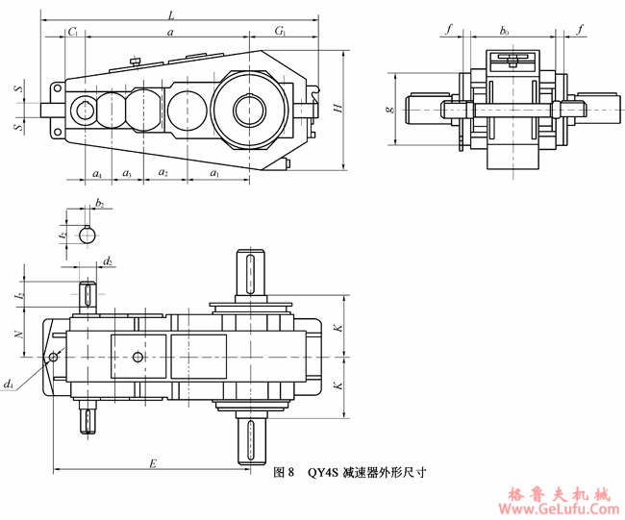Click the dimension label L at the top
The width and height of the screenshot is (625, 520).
coord(171,15)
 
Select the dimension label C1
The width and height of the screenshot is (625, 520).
coord(73,33)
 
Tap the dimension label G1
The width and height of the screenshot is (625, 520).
coord(280,33)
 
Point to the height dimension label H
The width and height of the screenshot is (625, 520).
coord(337,110)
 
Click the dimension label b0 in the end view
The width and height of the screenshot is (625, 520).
coord(504,32)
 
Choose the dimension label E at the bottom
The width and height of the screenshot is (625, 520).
coord(152,463)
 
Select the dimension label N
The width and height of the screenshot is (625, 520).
coord(18,334)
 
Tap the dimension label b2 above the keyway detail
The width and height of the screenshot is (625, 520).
coord(99,205)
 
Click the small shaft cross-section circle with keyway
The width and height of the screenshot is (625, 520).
coord(87,234)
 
